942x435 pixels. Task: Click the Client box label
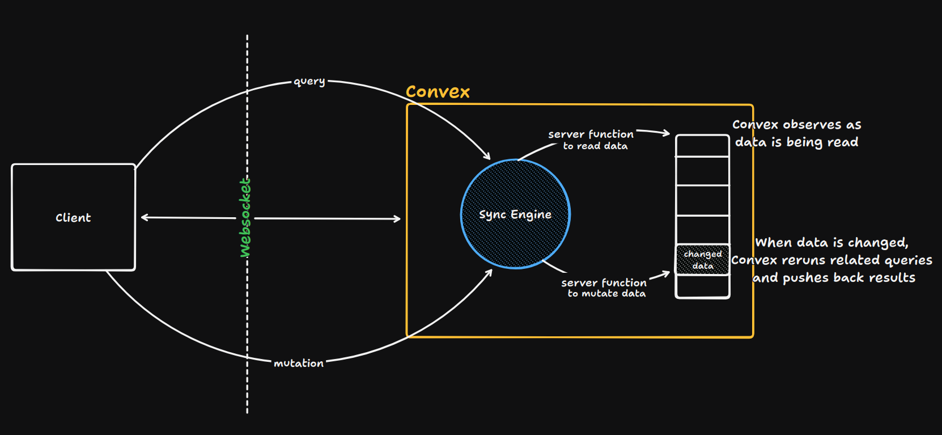[x=73, y=218]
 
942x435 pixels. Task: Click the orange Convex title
[x=438, y=92]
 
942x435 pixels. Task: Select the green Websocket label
[x=245, y=218]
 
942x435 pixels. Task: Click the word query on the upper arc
[x=309, y=82]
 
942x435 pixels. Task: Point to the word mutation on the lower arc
[x=299, y=364]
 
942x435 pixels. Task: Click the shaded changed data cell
[x=702, y=260]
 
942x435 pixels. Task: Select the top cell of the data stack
[x=702, y=146]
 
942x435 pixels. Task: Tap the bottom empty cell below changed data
[x=702, y=286]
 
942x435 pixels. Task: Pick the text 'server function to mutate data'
[x=605, y=288]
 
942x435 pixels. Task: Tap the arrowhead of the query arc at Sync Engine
[x=487, y=156]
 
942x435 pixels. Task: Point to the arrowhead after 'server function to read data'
[x=667, y=134]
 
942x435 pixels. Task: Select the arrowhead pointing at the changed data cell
[x=667, y=274]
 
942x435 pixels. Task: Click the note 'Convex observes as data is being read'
[x=796, y=133]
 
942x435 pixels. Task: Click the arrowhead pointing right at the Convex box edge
[x=397, y=219]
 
